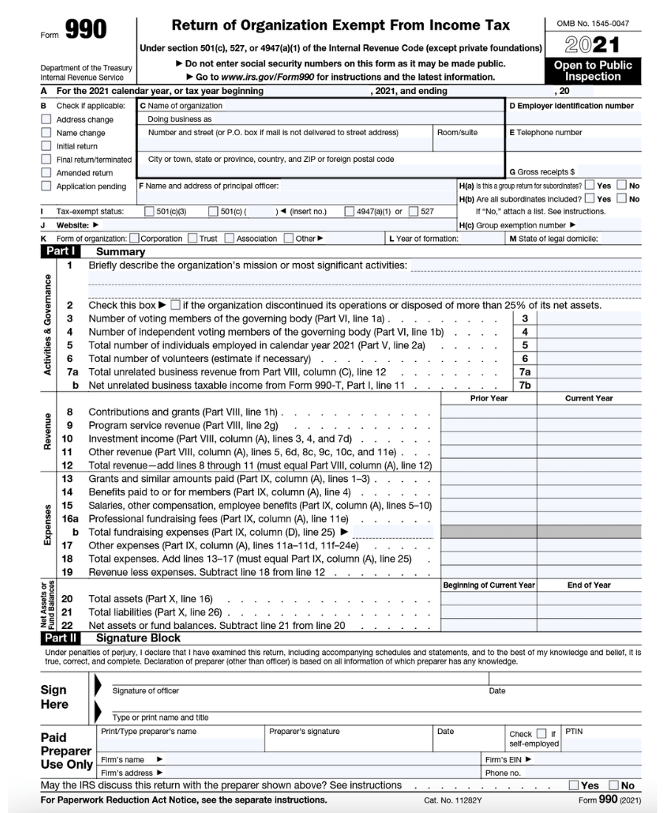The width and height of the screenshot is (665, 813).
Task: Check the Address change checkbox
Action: [46, 120]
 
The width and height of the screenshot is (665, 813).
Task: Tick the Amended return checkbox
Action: [46, 173]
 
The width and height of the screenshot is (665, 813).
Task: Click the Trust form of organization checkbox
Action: [193, 239]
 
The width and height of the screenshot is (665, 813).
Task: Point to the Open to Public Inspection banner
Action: [593, 71]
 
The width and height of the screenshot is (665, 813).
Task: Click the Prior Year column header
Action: [488, 398]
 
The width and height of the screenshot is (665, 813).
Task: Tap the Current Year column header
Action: [588, 398]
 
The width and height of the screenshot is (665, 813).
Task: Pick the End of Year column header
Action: [588, 585]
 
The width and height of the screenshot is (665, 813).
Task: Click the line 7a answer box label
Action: [524, 373]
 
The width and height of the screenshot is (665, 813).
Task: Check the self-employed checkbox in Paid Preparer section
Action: [542, 733]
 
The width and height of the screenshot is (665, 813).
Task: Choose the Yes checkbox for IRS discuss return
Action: [573, 786]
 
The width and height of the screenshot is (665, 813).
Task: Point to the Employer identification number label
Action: [572, 106]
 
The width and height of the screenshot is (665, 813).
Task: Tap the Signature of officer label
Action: [146, 691]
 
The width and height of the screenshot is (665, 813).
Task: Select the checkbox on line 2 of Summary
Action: [175, 305]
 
